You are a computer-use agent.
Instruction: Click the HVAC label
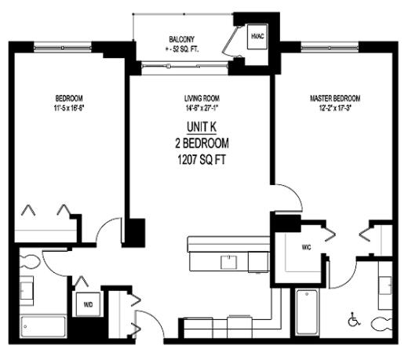(x=257, y=37)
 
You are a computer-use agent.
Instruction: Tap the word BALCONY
(x=182, y=39)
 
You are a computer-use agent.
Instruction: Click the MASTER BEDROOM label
(x=335, y=98)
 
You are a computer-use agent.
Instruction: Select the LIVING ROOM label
(x=201, y=99)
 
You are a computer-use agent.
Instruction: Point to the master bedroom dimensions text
(x=335, y=108)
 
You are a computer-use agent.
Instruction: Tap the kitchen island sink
(x=229, y=261)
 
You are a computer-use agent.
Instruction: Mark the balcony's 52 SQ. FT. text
(x=182, y=49)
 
